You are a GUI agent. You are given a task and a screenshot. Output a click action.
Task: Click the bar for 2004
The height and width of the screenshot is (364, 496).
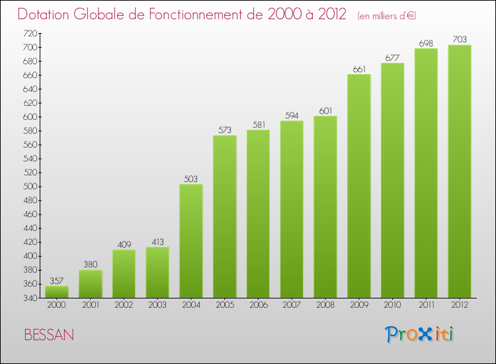(x=191, y=241)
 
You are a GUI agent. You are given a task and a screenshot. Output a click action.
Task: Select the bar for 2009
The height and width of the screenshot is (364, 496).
(x=359, y=186)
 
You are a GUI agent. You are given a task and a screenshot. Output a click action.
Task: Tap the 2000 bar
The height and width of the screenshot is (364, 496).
(x=57, y=292)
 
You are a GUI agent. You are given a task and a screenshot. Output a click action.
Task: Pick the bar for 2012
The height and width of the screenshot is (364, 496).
(x=460, y=171)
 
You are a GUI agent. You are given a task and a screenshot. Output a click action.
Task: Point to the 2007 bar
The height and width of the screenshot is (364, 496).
(x=292, y=209)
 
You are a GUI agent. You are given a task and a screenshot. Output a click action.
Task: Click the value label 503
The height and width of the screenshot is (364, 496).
(x=191, y=179)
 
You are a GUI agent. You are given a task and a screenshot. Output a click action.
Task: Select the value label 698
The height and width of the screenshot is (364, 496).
(x=426, y=43)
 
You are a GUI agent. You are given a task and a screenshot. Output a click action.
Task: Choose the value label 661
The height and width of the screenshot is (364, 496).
(x=359, y=69)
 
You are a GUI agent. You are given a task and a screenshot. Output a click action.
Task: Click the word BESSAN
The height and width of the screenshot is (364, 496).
(x=49, y=335)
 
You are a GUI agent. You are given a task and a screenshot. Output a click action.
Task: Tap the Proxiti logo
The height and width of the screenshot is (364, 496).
(x=420, y=334)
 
